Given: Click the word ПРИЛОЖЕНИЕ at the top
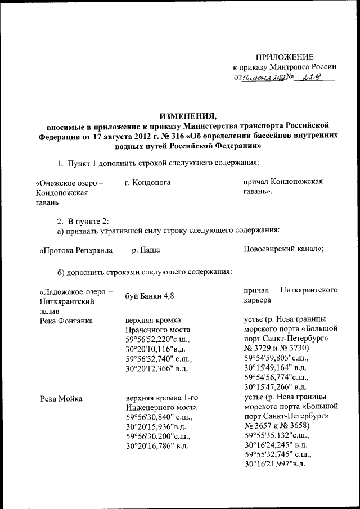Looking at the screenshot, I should [285, 56].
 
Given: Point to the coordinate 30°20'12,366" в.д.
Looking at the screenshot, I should [156, 368].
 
